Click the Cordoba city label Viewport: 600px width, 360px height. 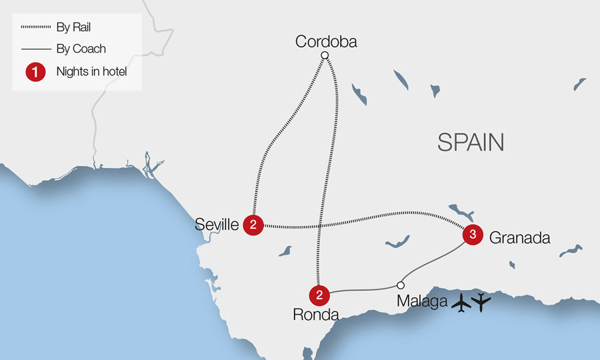[326, 42]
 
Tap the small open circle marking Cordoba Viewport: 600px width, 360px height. [325, 55]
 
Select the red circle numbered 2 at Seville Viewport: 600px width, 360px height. [253, 225]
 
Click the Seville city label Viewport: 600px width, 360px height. [217, 225]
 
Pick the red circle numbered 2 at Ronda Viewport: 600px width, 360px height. [319, 295]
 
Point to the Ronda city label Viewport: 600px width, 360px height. [316, 314]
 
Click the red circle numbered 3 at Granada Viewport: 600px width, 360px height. [472, 235]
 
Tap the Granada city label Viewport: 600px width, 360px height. [519, 237]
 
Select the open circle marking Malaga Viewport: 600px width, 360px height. [401, 285]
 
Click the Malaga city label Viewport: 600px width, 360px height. [421, 301]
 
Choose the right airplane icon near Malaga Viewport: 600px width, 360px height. [481, 302]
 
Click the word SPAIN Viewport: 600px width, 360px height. [470, 142]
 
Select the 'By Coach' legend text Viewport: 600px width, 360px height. [81, 49]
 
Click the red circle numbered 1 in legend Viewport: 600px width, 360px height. [35, 71]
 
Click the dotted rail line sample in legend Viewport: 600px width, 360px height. [35, 27]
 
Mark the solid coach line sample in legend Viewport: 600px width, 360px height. [35, 49]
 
